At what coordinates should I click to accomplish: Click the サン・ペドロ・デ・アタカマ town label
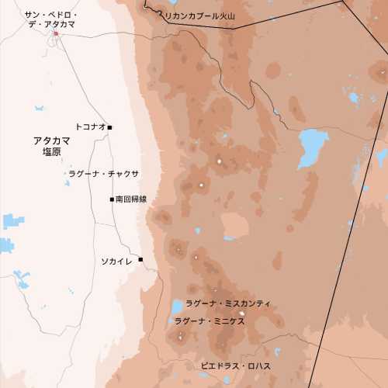click(50, 19)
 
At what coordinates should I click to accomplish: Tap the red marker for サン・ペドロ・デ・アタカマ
click(56, 33)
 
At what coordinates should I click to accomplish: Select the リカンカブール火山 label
click(201, 16)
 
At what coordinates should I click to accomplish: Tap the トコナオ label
click(90, 126)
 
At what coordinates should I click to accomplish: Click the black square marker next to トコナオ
click(110, 126)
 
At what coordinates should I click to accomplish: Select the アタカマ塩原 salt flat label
click(52, 146)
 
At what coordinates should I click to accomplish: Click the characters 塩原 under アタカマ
click(52, 153)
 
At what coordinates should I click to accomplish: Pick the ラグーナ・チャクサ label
click(103, 174)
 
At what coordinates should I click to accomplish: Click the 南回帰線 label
click(131, 199)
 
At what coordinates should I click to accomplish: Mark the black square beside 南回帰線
click(112, 199)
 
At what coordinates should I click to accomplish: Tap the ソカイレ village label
click(116, 261)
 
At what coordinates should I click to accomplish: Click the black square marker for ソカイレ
click(140, 259)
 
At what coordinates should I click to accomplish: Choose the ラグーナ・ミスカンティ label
click(228, 303)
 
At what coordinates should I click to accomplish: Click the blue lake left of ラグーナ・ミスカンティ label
click(177, 307)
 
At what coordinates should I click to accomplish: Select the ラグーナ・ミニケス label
click(210, 321)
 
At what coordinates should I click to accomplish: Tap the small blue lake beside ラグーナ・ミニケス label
click(171, 320)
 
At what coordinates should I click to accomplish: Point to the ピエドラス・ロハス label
click(235, 365)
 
